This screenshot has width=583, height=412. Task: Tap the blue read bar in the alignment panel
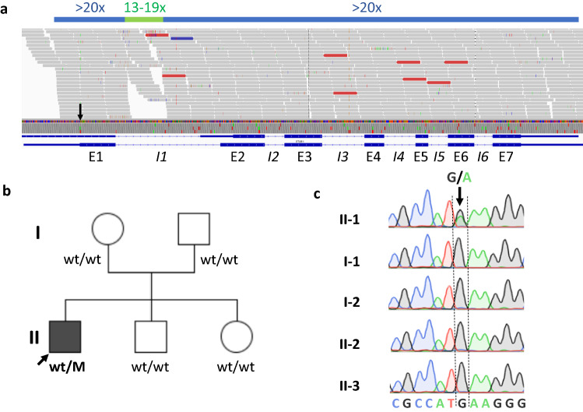click(x=181, y=37)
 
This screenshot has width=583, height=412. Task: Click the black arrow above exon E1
click(x=79, y=113)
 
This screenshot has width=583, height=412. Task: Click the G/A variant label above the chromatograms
click(x=460, y=177)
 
